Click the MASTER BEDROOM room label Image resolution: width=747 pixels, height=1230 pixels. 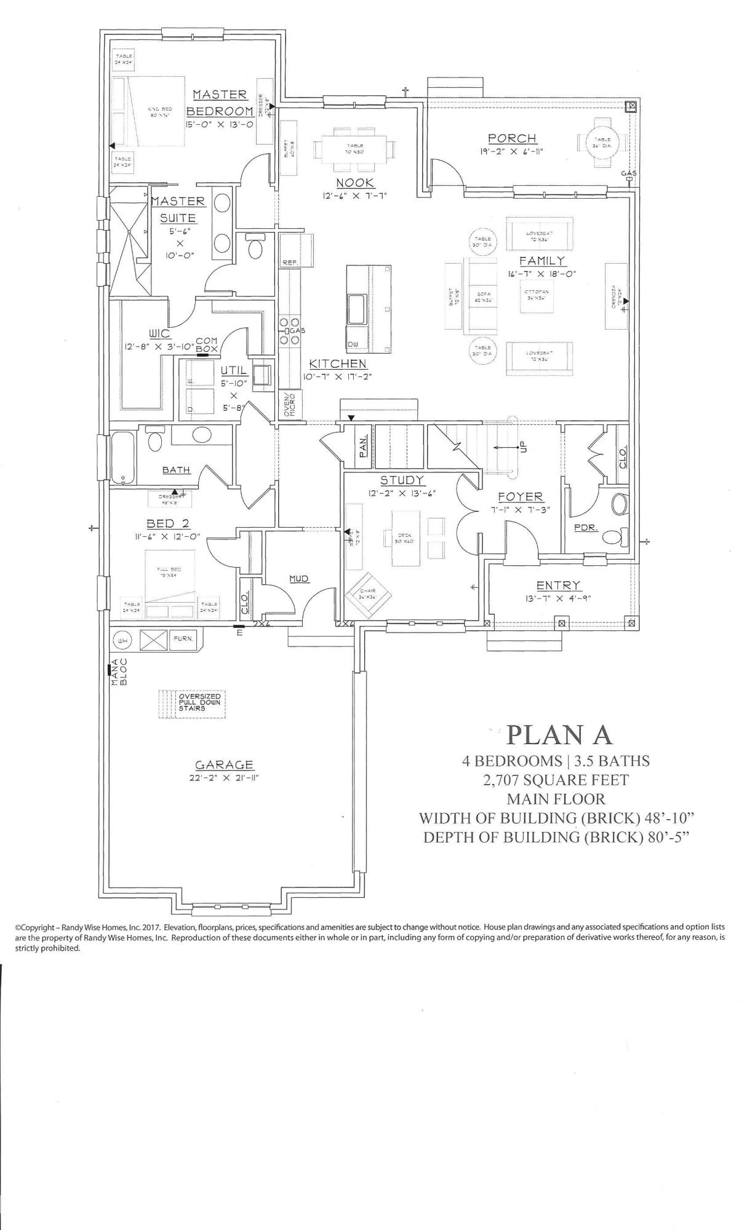220,103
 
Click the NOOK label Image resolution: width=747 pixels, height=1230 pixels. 356,183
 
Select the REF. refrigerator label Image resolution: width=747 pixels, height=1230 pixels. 290,262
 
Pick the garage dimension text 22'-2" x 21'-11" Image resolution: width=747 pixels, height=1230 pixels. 224,777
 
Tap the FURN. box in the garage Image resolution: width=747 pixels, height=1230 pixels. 183,639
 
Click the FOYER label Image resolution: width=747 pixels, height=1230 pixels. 520,496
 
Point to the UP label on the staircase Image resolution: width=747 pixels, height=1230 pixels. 524,447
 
